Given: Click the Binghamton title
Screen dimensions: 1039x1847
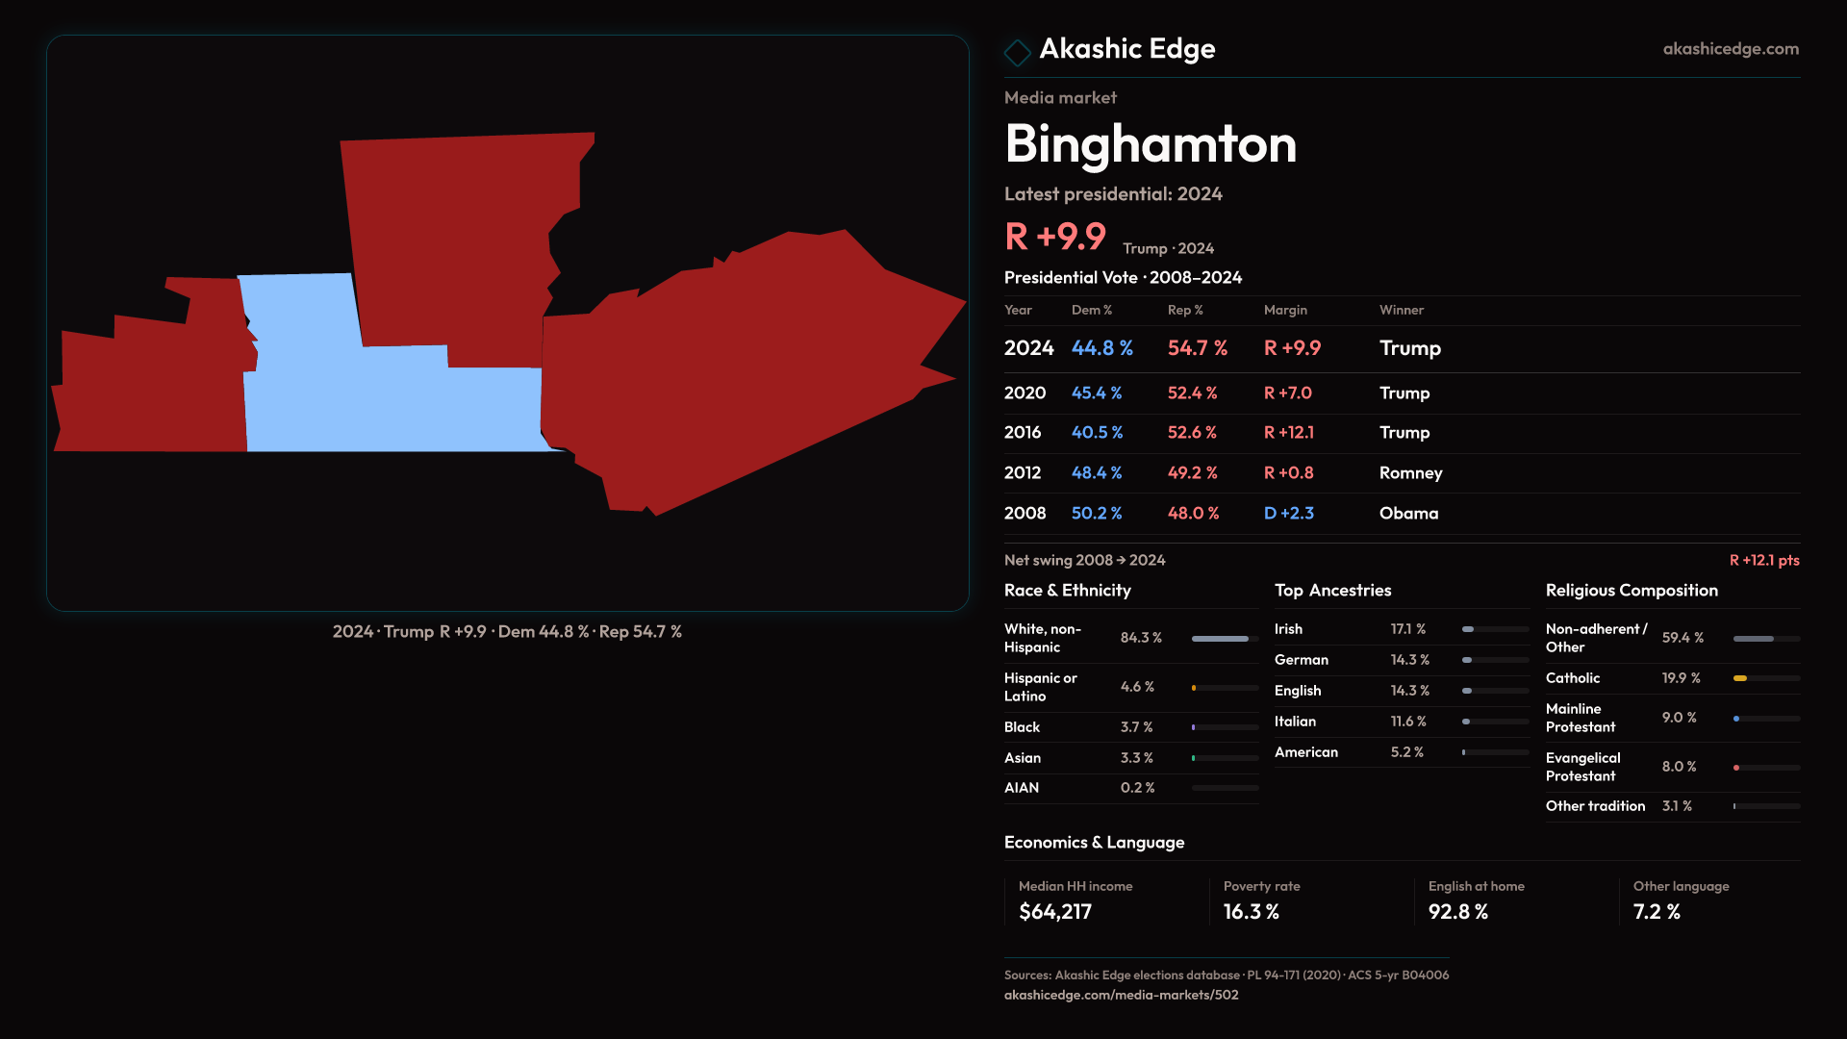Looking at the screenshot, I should coord(1151,144).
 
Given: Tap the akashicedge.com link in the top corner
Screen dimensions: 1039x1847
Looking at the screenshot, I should coord(1730,49).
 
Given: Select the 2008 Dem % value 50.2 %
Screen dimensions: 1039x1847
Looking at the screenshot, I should coord(1097,514).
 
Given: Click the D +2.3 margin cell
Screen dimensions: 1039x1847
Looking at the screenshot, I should coord(1288,514).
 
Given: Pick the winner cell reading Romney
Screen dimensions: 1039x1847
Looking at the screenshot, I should coord(1410,473).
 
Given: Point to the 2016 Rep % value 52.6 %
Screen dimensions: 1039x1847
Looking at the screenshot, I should coord(1192,433).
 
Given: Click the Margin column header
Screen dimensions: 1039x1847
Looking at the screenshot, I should coord(1285,310).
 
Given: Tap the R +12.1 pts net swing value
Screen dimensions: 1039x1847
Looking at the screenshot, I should coord(1763,560).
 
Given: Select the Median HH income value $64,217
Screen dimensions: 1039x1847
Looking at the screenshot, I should coord(1055,912).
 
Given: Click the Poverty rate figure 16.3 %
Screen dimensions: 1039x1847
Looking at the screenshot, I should coord(1251,912).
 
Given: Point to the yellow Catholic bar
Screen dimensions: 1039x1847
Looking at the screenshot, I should coord(1740,678).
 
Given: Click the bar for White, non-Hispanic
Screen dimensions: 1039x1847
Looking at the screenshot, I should coord(1220,639).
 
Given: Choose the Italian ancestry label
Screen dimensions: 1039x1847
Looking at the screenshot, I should coord(1295,722).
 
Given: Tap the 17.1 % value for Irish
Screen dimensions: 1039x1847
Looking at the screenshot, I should coord(1408,629).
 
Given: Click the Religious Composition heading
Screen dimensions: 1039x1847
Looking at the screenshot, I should coord(1632,591).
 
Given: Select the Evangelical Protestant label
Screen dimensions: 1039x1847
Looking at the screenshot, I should coord(1582,767).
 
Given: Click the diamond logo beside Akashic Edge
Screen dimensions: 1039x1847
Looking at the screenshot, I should coord(1017,52).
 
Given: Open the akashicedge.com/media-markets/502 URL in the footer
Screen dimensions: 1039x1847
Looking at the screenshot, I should coord(1121,995).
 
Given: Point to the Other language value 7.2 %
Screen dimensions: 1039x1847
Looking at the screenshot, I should coord(1657,912).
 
